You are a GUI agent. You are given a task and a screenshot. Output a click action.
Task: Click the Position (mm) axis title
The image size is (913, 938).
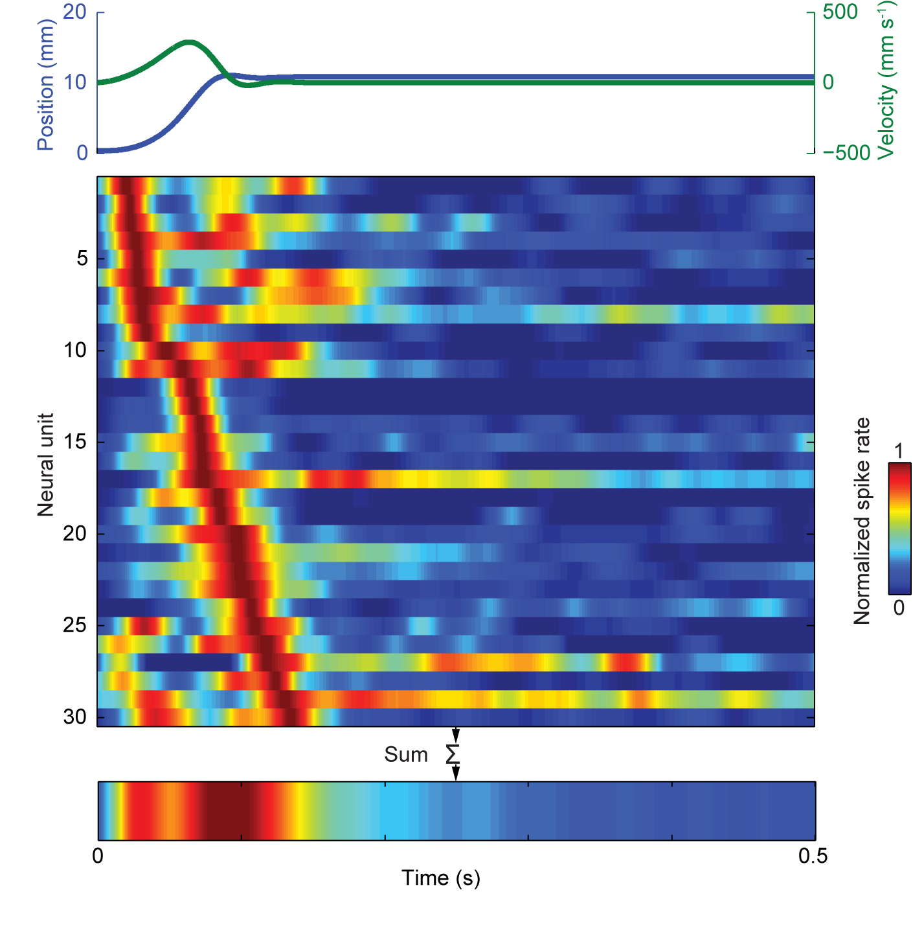click(x=45, y=84)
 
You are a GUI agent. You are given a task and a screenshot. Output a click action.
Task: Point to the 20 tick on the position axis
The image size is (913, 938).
click(x=75, y=12)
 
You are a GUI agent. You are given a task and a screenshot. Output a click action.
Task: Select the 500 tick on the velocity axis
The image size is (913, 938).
click(x=840, y=12)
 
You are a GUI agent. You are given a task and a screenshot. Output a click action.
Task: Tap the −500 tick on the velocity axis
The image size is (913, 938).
click(x=846, y=153)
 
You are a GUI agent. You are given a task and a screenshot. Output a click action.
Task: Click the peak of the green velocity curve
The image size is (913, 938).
click(x=188, y=43)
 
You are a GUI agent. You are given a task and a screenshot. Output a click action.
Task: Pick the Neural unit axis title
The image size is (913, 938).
click(x=45, y=464)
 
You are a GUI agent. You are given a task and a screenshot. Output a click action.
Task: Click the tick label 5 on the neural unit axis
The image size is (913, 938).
click(x=82, y=258)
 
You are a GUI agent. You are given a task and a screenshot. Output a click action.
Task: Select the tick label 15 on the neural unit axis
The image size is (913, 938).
click(x=75, y=442)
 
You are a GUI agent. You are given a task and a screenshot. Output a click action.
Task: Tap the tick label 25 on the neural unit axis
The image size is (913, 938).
click(x=75, y=625)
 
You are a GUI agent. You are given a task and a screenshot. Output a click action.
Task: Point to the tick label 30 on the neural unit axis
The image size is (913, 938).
click(x=75, y=716)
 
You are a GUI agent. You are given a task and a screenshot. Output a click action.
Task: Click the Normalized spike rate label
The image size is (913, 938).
click(x=862, y=521)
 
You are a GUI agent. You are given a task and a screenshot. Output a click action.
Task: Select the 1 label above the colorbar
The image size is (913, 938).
click(x=898, y=451)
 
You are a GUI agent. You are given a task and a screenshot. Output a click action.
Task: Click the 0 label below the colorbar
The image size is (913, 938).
click(x=899, y=608)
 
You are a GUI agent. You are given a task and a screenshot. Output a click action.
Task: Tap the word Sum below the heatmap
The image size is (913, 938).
click(x=406, y=755)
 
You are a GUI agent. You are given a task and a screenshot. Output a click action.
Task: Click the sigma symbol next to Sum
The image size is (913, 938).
click(x=453, y=755)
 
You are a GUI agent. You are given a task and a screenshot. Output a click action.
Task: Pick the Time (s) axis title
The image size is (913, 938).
click(x=441, y=878)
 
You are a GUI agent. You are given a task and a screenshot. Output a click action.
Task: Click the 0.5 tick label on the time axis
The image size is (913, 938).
click(x=813, y=856)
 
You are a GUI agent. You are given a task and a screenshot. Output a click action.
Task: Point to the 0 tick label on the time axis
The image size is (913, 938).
click(x=98, y=856)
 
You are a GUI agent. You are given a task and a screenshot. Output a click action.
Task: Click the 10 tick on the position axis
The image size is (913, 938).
click(x=75, y=82)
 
